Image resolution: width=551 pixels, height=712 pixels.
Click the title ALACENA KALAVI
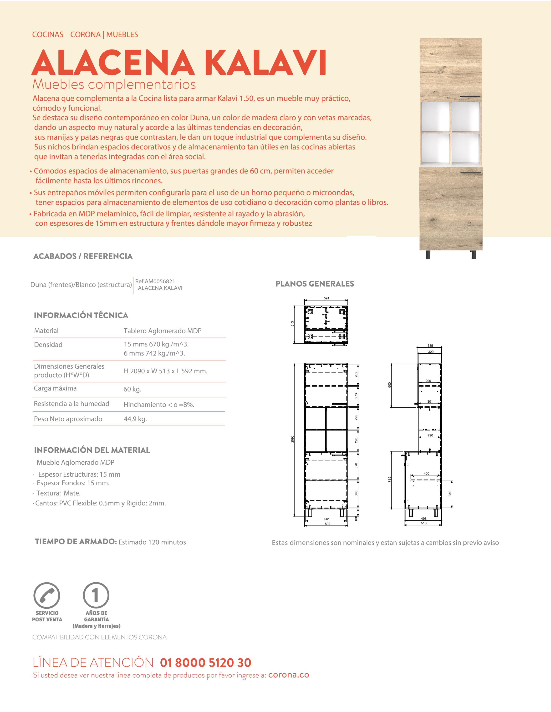[x=179, y=63]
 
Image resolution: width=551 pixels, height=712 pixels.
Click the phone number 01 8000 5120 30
[x=205, y=663]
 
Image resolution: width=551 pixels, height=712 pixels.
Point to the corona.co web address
[x=289, y=675]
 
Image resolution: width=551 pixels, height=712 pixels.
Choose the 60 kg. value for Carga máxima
[x=132, y=389]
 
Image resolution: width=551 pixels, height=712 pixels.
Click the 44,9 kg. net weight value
[x=135, y=419]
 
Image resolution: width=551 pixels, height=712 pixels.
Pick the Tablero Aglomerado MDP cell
[x=163, y=331]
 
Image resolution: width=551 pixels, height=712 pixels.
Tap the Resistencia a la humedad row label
[x=71, y=404]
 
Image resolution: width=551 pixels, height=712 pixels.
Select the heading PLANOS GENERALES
[x=315, y=284]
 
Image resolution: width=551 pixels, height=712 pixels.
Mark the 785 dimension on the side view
[x=389, y=480]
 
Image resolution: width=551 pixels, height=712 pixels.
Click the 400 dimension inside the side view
[x=426, y=473]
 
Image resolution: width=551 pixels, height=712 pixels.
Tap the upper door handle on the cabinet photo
[x=470, y=97]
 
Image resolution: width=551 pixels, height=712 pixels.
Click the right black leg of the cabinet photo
[x=473, y=255]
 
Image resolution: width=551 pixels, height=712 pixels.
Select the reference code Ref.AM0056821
[x=155, y=281]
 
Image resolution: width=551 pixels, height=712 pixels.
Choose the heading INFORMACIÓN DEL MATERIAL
[x=92, y=450]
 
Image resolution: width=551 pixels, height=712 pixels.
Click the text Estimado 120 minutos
[x=152, y=542]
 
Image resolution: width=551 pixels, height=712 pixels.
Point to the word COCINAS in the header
[x=48, y=35]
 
